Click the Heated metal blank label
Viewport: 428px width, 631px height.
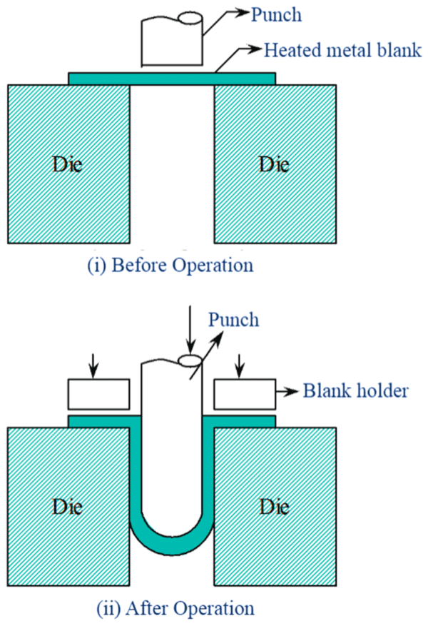[342, 50]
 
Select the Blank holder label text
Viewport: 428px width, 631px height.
[355, 390]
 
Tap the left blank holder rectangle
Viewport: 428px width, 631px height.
[98, 393]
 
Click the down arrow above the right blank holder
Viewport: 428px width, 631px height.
[241, 365]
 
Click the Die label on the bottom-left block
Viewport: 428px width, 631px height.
[67, 506]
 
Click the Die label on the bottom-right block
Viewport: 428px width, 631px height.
[275, 506]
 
